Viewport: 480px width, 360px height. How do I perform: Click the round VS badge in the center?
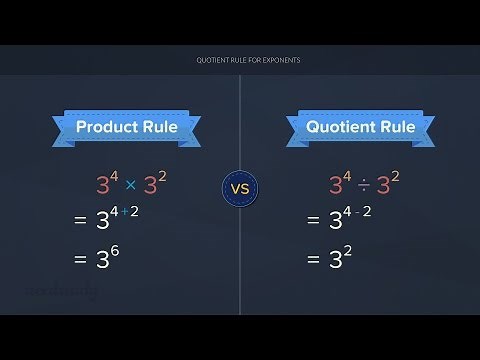click(240, 186)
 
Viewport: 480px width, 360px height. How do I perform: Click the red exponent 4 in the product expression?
click(112, 176)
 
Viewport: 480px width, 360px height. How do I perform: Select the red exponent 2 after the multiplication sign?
click(162, 176)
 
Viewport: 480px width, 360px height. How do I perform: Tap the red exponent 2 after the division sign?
click(396, 176)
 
